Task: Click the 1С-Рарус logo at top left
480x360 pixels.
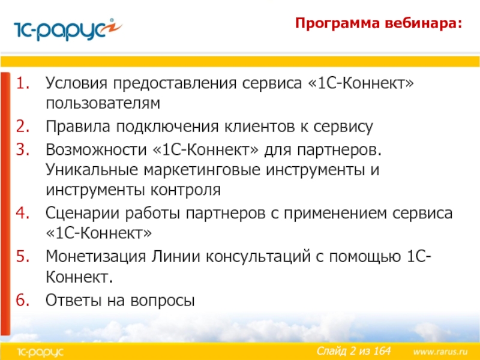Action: (x=68, y=29)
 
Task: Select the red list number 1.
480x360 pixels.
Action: (x=23, y=83)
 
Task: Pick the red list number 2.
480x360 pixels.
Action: (x=23, y=126)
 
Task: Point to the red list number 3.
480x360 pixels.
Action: (x=23, y=149)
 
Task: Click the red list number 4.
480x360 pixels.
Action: (x=23, y=213)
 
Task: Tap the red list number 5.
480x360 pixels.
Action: (x=23, y=256)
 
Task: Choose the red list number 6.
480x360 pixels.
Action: (x=23, y=299)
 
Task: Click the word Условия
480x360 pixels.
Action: (x=77, y=83)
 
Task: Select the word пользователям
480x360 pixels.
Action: (x=103, y=103)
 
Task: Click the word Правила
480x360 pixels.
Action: (x=78, y=127)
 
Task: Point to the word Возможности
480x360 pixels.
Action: (x=96, y=149)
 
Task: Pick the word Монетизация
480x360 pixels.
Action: (x=96, y=257)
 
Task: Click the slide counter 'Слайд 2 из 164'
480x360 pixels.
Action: (x=353, y=351)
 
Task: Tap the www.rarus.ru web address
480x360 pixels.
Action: (x=440, y=352)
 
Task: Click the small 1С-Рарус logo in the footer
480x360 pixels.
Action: (x=40, y=352)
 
